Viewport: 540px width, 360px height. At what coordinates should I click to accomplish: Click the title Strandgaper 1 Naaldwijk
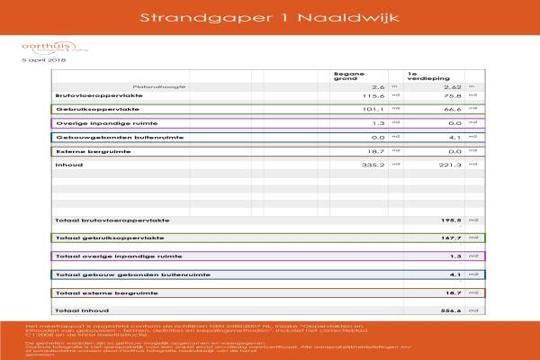tap(269, 17)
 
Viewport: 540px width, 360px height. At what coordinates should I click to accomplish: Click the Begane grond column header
tap(347, 76)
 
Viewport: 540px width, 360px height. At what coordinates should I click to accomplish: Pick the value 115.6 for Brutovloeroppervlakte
tap(373, 94)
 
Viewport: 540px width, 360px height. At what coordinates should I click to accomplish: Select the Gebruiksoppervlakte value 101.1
tap(373, 109)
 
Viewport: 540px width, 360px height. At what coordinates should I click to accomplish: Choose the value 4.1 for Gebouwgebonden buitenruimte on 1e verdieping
tap(455, 137)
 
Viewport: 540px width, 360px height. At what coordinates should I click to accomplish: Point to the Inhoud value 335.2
tap(373, 166)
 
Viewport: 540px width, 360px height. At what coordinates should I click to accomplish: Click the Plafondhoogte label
tap(162, 86)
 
